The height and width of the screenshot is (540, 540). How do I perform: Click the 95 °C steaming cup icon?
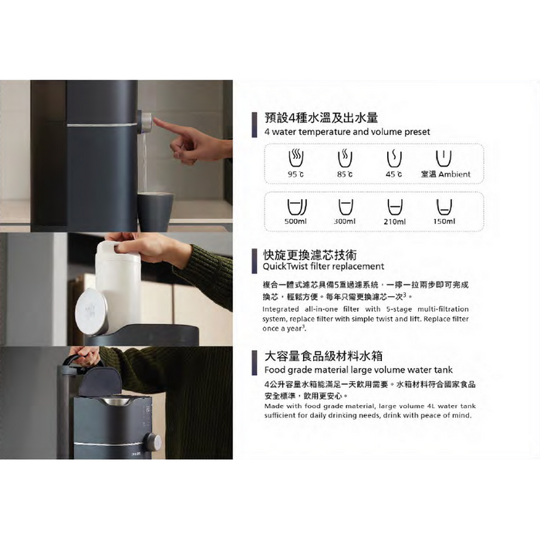(295, 158)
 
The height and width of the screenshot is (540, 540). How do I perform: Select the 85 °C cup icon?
(345, 158)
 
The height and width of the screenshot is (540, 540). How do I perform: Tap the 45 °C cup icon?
(394, 158)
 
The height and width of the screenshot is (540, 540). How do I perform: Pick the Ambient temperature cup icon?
(444, 158)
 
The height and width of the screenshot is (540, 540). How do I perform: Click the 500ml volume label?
(295, 221)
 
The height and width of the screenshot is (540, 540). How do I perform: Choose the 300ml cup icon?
(346, 208)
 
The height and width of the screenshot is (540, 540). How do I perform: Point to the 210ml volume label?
(395, 222)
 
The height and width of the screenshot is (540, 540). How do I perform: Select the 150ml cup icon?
(444, 208)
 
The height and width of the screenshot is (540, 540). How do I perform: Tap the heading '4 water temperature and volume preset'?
(347, 132)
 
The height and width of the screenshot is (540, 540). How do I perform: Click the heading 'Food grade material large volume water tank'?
(359, 370)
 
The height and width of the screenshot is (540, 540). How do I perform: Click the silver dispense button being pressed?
(147, 122)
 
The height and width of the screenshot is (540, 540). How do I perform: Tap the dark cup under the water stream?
(155, 211)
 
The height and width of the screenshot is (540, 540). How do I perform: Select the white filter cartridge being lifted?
(117, 282)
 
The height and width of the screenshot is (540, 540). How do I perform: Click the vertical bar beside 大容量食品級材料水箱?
(255, 363)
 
